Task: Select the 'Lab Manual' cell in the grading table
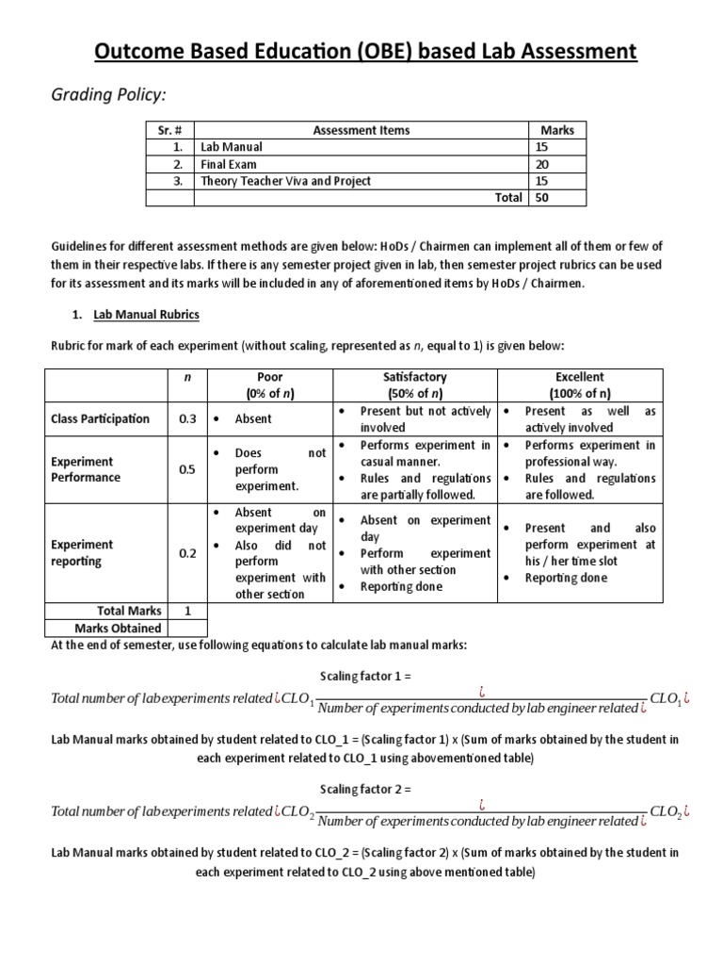click(231, 147)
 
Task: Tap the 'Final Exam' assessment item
click(229, 164)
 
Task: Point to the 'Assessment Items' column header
click(361, 130)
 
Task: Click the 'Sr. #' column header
click(169, 130)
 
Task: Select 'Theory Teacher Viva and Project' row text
click(285, 181)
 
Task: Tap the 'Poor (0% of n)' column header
click(269, 385)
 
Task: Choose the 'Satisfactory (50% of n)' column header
click(415, 385)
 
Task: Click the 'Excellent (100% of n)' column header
click(580, 385)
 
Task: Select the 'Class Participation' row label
click(100, 418)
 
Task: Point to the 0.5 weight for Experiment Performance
click(187, 469)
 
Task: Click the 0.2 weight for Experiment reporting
click(187, 552)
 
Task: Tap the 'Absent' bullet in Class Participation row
click(253, 418)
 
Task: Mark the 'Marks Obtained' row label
click(118, 628)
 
